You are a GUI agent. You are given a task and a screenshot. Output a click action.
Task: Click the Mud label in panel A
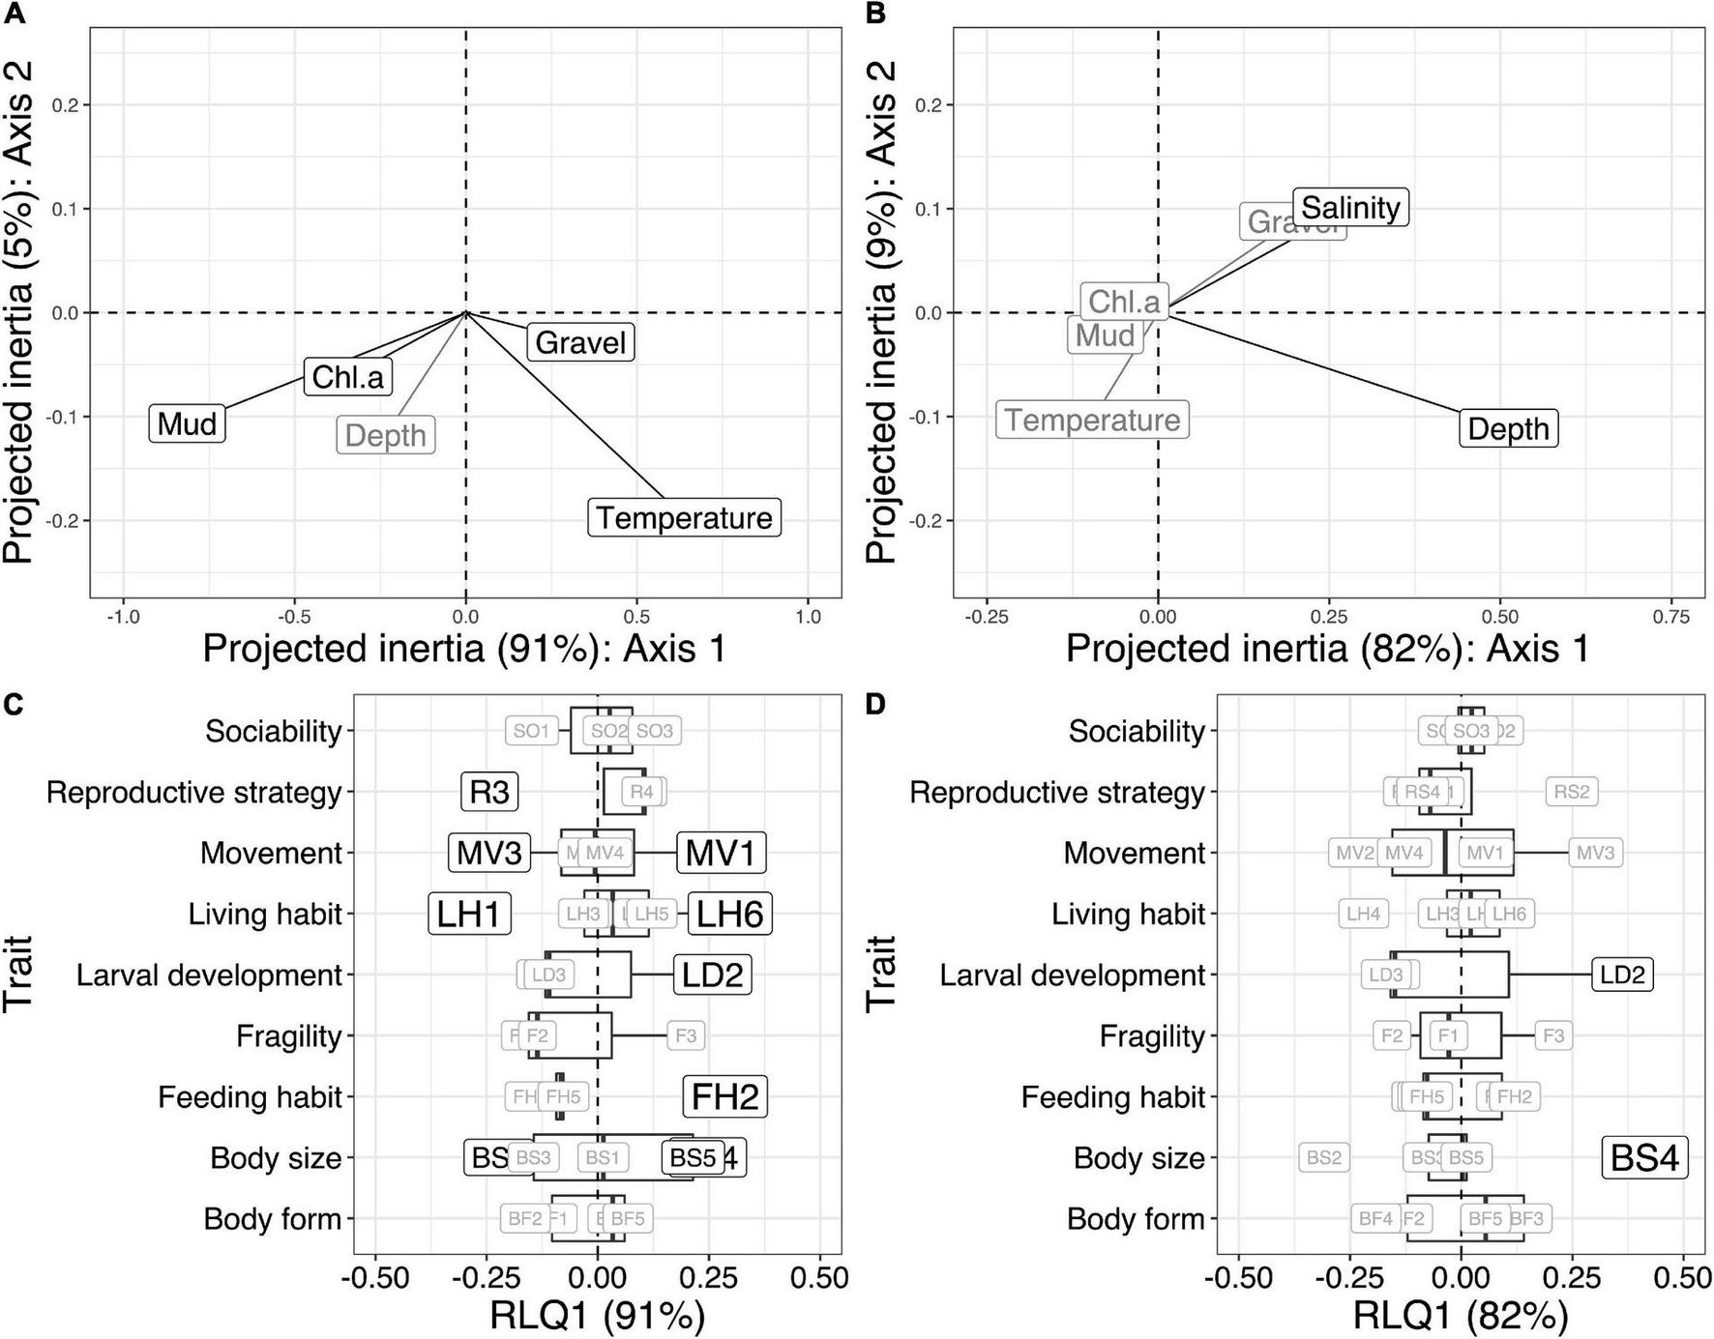[x=187, y=423]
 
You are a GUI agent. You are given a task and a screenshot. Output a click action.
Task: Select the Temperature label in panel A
[x=684, y=517]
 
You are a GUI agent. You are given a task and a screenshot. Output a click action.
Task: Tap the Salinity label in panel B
[x=1350, y=207]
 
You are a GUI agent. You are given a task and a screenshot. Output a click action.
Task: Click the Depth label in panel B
[x=1508, y=428]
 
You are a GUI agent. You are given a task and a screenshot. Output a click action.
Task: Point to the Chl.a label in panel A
[x=348, y=376]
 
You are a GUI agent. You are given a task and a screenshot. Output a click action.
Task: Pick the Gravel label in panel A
[x=580, y=342]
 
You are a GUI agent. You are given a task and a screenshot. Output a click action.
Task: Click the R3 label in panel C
[x=488, y=792]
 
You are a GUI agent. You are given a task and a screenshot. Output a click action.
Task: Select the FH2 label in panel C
[x=724, y=1096]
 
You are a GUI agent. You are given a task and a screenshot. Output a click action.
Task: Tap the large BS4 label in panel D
[x=1644, y=1157]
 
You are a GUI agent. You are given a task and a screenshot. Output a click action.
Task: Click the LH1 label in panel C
[x=469, y=914]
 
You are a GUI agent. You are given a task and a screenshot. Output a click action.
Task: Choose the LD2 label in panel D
[x=1622, y=975]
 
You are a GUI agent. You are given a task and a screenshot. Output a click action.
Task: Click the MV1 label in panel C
[x=721, y=853]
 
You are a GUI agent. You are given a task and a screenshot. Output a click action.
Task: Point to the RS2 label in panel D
[x=1571, y=792]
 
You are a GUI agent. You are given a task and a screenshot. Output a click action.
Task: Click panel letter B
[x=875, y=14]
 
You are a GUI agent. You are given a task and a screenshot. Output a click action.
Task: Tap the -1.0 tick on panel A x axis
[x=122, y=617]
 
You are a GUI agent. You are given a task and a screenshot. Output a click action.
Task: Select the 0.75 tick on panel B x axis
[x=1671, y=617]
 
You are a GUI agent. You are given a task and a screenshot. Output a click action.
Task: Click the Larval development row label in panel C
[x=209, y=975]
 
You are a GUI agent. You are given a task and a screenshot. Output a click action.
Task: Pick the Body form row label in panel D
[x=1135, y=1218]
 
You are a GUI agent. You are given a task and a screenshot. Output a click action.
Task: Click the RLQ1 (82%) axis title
[x=1460, y=1316]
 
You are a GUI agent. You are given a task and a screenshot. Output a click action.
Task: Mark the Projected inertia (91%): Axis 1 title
[x=464, y=648]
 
